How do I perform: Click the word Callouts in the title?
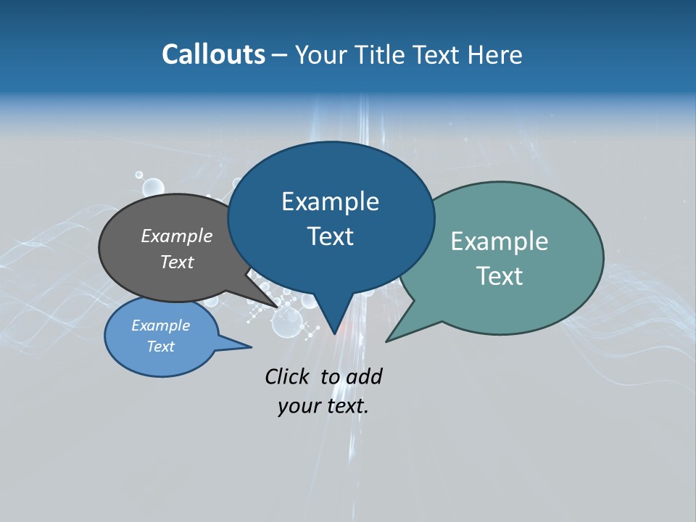pyautogui.click(x=213, y=54)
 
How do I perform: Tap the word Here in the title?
pyautogui.click(x=496, y=54)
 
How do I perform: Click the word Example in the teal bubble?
pyautogui.click(x=500, y=241)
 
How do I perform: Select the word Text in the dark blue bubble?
pyautogui.click(x=331, y=236)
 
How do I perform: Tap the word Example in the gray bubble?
pyautogui.click(x=177, y=236)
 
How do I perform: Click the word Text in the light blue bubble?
pyautogui.click(x=161, y=347)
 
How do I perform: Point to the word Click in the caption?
pyautogui.click(x=287, y=376)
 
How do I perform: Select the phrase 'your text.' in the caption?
pyautogui.click(x=323, y=406)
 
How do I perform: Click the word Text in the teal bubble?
pyautogui.click(x=500, y=276)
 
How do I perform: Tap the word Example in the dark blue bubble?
pyautogui.click(x=331, y=202)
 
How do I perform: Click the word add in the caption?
pyautogui.click(x=364, y=376)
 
